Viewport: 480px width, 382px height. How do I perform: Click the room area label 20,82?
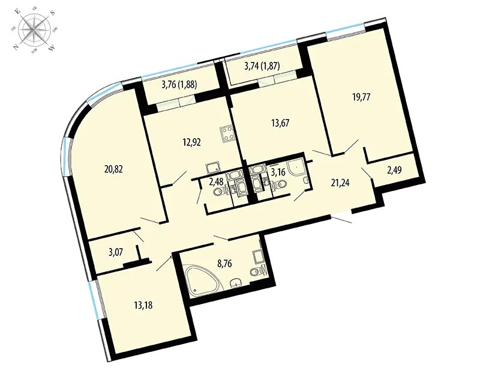113,169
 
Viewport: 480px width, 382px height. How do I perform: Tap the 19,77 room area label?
361,97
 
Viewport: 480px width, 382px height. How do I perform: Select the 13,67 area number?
280,123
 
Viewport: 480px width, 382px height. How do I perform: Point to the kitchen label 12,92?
191,142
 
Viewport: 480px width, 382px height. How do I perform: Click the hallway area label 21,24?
340,183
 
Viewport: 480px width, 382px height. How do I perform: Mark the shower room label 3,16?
278,172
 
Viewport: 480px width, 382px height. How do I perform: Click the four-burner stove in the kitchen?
227,135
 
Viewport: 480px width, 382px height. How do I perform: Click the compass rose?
33,29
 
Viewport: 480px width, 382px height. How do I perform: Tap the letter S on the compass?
52,13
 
